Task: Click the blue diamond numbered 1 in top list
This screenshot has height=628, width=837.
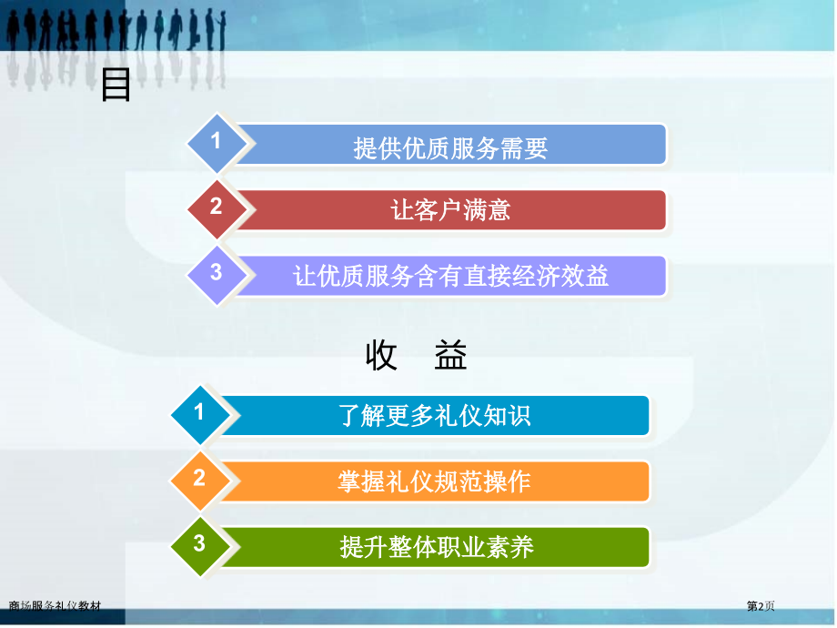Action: (217, 142)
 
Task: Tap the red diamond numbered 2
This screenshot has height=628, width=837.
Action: (217, 208)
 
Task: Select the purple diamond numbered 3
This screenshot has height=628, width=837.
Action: (217, 272)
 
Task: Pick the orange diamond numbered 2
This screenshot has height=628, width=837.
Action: (200, 479)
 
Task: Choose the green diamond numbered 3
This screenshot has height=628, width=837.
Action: (200, 544)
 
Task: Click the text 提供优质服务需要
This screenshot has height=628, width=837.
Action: (450, 147)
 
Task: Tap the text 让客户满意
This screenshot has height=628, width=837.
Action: (450, 211)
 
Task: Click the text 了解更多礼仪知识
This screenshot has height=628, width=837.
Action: (435, 417)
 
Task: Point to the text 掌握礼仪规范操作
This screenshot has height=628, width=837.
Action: (435, 481)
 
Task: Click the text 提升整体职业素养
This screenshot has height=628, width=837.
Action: (436, 547)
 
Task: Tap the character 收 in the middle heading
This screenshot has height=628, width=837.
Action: (382, 357)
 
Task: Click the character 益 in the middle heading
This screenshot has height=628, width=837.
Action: (450, 357)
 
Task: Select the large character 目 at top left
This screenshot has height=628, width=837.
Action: (116, 86)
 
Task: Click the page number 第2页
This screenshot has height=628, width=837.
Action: (761, 606)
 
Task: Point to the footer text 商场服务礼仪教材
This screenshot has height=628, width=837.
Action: (55, 606)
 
